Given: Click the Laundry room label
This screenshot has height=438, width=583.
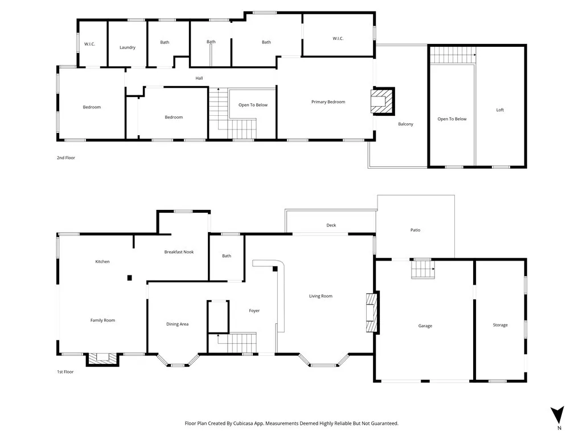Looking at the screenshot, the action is coord(128,47).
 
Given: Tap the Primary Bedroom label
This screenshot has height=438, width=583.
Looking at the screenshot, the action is coord(329,102).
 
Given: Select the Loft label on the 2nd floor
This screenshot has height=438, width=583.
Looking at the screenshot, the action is coord(500,110).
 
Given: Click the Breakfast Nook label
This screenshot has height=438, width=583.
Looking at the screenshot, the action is coord(179,252).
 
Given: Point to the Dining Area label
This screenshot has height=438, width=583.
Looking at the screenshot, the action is coord(178,324).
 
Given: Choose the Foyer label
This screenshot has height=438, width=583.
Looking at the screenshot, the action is coord(254,311).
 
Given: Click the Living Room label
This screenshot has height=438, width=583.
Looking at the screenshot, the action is coord(321,296).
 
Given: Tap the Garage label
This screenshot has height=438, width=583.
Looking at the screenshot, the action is coord(425,326).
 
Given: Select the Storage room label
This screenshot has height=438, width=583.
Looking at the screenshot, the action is coord(500,325).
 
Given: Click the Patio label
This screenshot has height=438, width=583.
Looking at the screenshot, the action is coord(415,230).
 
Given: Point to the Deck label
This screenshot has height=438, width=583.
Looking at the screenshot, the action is coord(331,225).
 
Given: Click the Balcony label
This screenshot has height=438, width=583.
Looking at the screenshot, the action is coord(405,124).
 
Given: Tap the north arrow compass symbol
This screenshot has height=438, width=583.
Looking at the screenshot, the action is coord(558,415).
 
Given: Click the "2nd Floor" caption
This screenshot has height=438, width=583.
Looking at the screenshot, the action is coord(66,157).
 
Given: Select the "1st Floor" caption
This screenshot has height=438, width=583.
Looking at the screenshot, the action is coord(65,372).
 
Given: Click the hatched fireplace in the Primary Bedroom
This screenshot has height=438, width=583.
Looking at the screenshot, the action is coord(383,101).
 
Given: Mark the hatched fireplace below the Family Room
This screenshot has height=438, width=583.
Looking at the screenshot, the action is coord(102,359).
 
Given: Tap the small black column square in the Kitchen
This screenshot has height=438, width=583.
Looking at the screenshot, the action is coord(130,278).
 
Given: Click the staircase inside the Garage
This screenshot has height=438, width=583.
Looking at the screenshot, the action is coord(423,269).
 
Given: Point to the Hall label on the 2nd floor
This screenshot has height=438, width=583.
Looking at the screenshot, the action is coord(199,78).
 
